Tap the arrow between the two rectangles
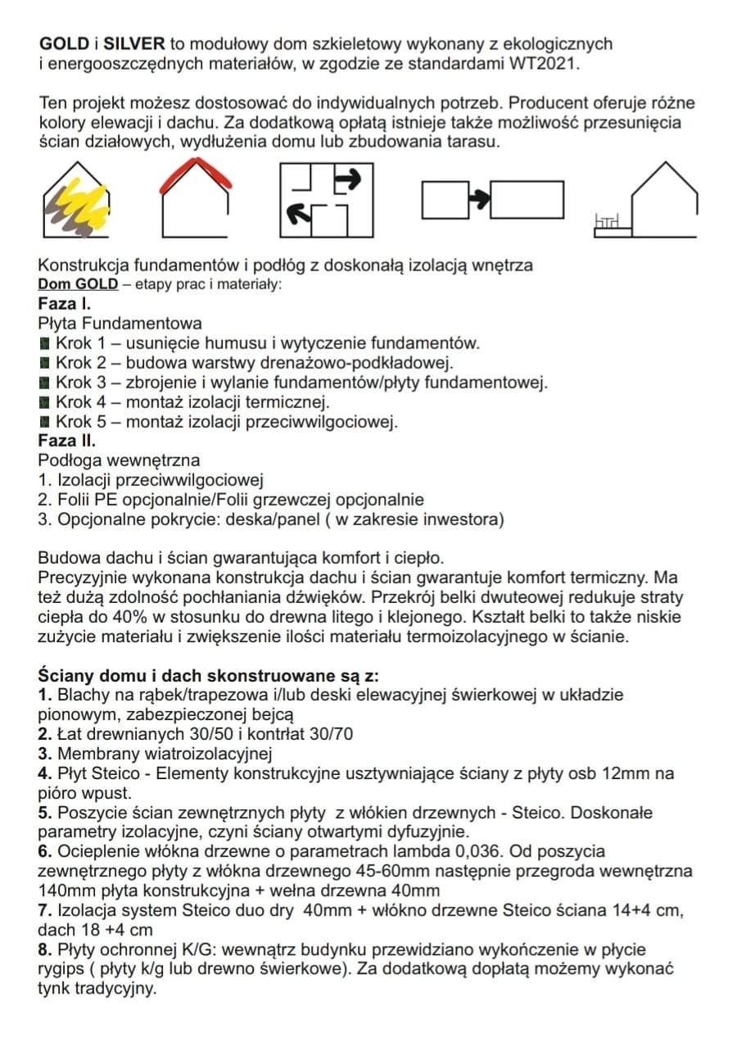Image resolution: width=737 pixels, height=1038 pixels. pyautogui.click(x=478, y=197)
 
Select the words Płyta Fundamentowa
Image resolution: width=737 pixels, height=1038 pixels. pyautogui.click(x=120, y=324)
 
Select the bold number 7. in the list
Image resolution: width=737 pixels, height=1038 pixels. pyautogui.click(x=45, y=910)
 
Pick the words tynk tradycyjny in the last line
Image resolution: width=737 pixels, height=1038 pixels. pyautogui.click(x=97, y=989)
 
